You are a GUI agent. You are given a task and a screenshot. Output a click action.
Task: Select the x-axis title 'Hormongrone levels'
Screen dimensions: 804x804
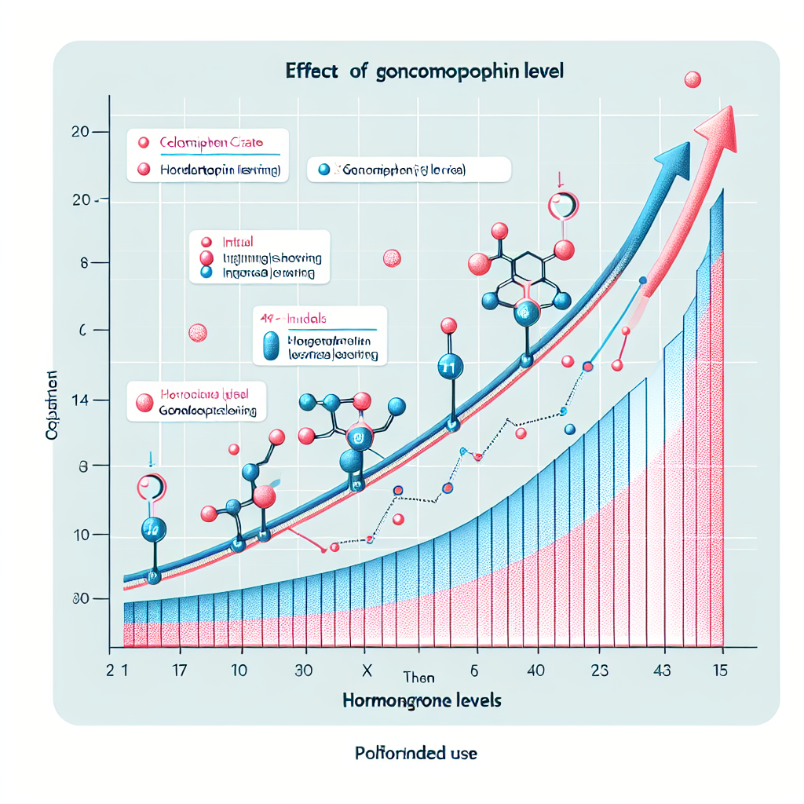[x=422, y=700]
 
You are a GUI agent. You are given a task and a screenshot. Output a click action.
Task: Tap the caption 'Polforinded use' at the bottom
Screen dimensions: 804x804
[x=415, y=753]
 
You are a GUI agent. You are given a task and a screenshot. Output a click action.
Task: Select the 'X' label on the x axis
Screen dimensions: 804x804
[x=364, y=671]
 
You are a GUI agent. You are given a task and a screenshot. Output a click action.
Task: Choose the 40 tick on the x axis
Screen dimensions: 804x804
[x=537, y=671]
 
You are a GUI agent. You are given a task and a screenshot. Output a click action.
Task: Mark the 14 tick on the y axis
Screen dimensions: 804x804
[x=79, y=400]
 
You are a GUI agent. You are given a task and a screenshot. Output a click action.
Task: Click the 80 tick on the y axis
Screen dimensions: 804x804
[x=79, y=600]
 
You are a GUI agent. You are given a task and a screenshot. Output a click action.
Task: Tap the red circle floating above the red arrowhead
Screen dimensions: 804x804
[x=693, y=79]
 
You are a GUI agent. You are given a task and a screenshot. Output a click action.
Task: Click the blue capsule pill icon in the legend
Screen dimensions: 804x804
[x=270, y=345]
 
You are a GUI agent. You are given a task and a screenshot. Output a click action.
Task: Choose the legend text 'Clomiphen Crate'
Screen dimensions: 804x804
[x=210, y=143]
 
